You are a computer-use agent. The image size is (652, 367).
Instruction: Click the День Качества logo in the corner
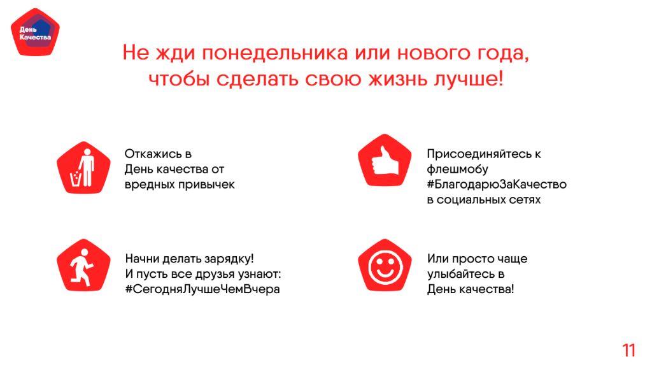click(x=35, y=32)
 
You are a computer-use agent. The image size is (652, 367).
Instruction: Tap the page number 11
click(x=628, y=350)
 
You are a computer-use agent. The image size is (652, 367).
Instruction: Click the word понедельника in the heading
click(x=275, y=53)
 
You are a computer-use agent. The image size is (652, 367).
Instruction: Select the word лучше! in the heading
click(x=469, y=78)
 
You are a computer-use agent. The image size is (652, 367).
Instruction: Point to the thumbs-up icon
click(x=385, y=160)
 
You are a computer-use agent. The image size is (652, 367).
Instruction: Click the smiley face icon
click(x=385, y=266)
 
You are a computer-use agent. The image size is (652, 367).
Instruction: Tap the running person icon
click(x=83, y=266)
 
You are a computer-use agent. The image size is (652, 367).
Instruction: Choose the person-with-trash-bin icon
click(x=83, y=168)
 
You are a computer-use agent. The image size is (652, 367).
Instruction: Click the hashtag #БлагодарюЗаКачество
click(x=497, y=184)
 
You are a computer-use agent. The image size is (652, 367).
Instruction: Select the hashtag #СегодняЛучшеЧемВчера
click(x=202, y=289)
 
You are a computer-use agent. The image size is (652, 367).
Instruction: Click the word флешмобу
click(x=457, y=169)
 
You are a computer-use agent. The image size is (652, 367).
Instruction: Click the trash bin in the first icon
click(x=75, y=179)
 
